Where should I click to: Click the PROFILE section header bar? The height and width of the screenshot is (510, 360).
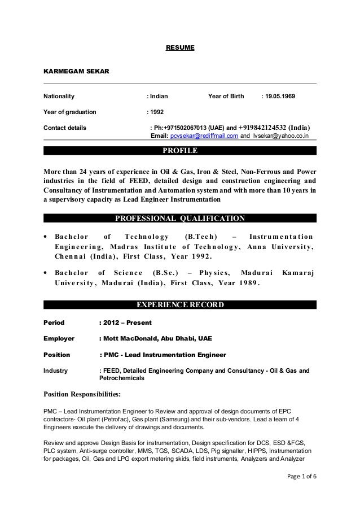pos(179,151)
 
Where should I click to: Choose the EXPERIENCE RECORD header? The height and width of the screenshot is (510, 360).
pos(179,306)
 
